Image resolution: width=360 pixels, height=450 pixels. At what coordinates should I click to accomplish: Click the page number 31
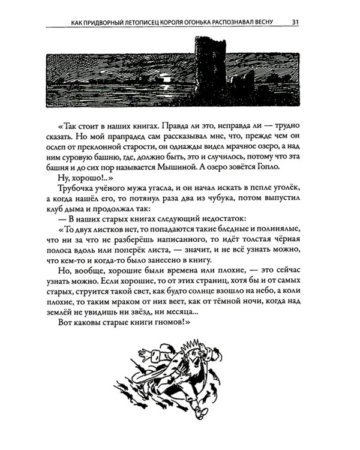tap(296, 23)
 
